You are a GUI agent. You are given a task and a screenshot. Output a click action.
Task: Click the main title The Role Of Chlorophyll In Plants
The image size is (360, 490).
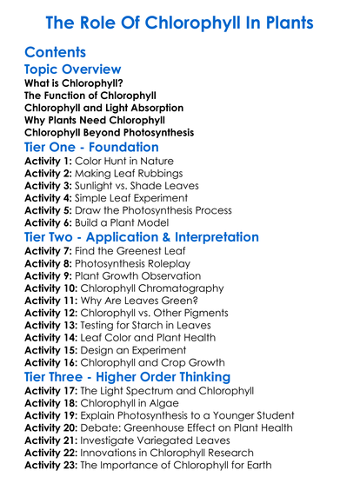(179, 22)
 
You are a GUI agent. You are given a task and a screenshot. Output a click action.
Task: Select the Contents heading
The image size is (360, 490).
(56, 52)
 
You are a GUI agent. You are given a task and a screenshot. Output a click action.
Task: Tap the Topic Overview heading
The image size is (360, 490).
(73, 70)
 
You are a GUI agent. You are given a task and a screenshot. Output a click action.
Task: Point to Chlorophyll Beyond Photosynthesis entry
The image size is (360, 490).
(109, 133)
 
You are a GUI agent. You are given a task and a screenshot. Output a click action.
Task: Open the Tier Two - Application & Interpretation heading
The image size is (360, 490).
(141, 237)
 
